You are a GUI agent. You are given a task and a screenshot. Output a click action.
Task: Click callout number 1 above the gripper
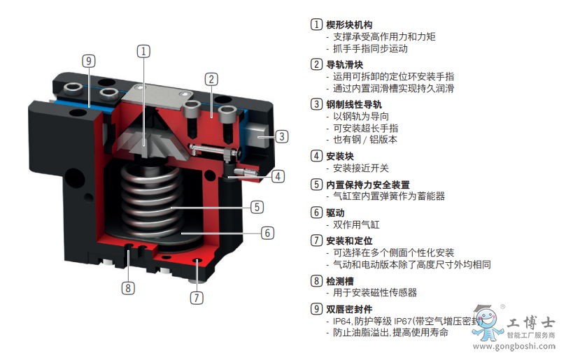click(x=143, y=51)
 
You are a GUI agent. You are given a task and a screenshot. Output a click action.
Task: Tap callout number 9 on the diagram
click(x=89, y=61)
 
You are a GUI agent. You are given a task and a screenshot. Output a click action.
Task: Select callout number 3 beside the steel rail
click(x=282, y=136)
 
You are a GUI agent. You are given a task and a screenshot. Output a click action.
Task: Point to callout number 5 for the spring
click(x=257, y=207)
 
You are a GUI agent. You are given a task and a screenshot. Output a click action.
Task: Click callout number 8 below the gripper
click(x=128, y=288)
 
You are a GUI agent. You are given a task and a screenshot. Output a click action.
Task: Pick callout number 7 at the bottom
click(x=197, y=298)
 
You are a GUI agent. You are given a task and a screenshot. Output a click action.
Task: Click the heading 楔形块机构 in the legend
click(x=349, y=24)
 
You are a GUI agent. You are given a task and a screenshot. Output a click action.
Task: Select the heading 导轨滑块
click(x=345, y=64)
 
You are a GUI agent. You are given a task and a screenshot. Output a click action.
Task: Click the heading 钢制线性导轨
click(x=354, y=104)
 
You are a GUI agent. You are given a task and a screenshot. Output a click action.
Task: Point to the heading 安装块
click(x=340, y=156)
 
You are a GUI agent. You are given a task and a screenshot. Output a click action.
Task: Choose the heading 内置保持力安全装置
click(x=368, y=185)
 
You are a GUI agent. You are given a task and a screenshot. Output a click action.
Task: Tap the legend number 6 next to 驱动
click(x=316, y=212)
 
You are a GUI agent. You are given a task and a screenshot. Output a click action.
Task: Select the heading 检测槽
click(x=340, y=280)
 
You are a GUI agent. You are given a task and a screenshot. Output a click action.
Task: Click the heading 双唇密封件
click(x=349, y=309)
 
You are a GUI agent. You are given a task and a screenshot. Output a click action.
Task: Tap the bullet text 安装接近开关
click(x=360, y=168)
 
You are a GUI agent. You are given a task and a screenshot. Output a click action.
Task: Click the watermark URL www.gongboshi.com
click(x=514, y=347)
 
